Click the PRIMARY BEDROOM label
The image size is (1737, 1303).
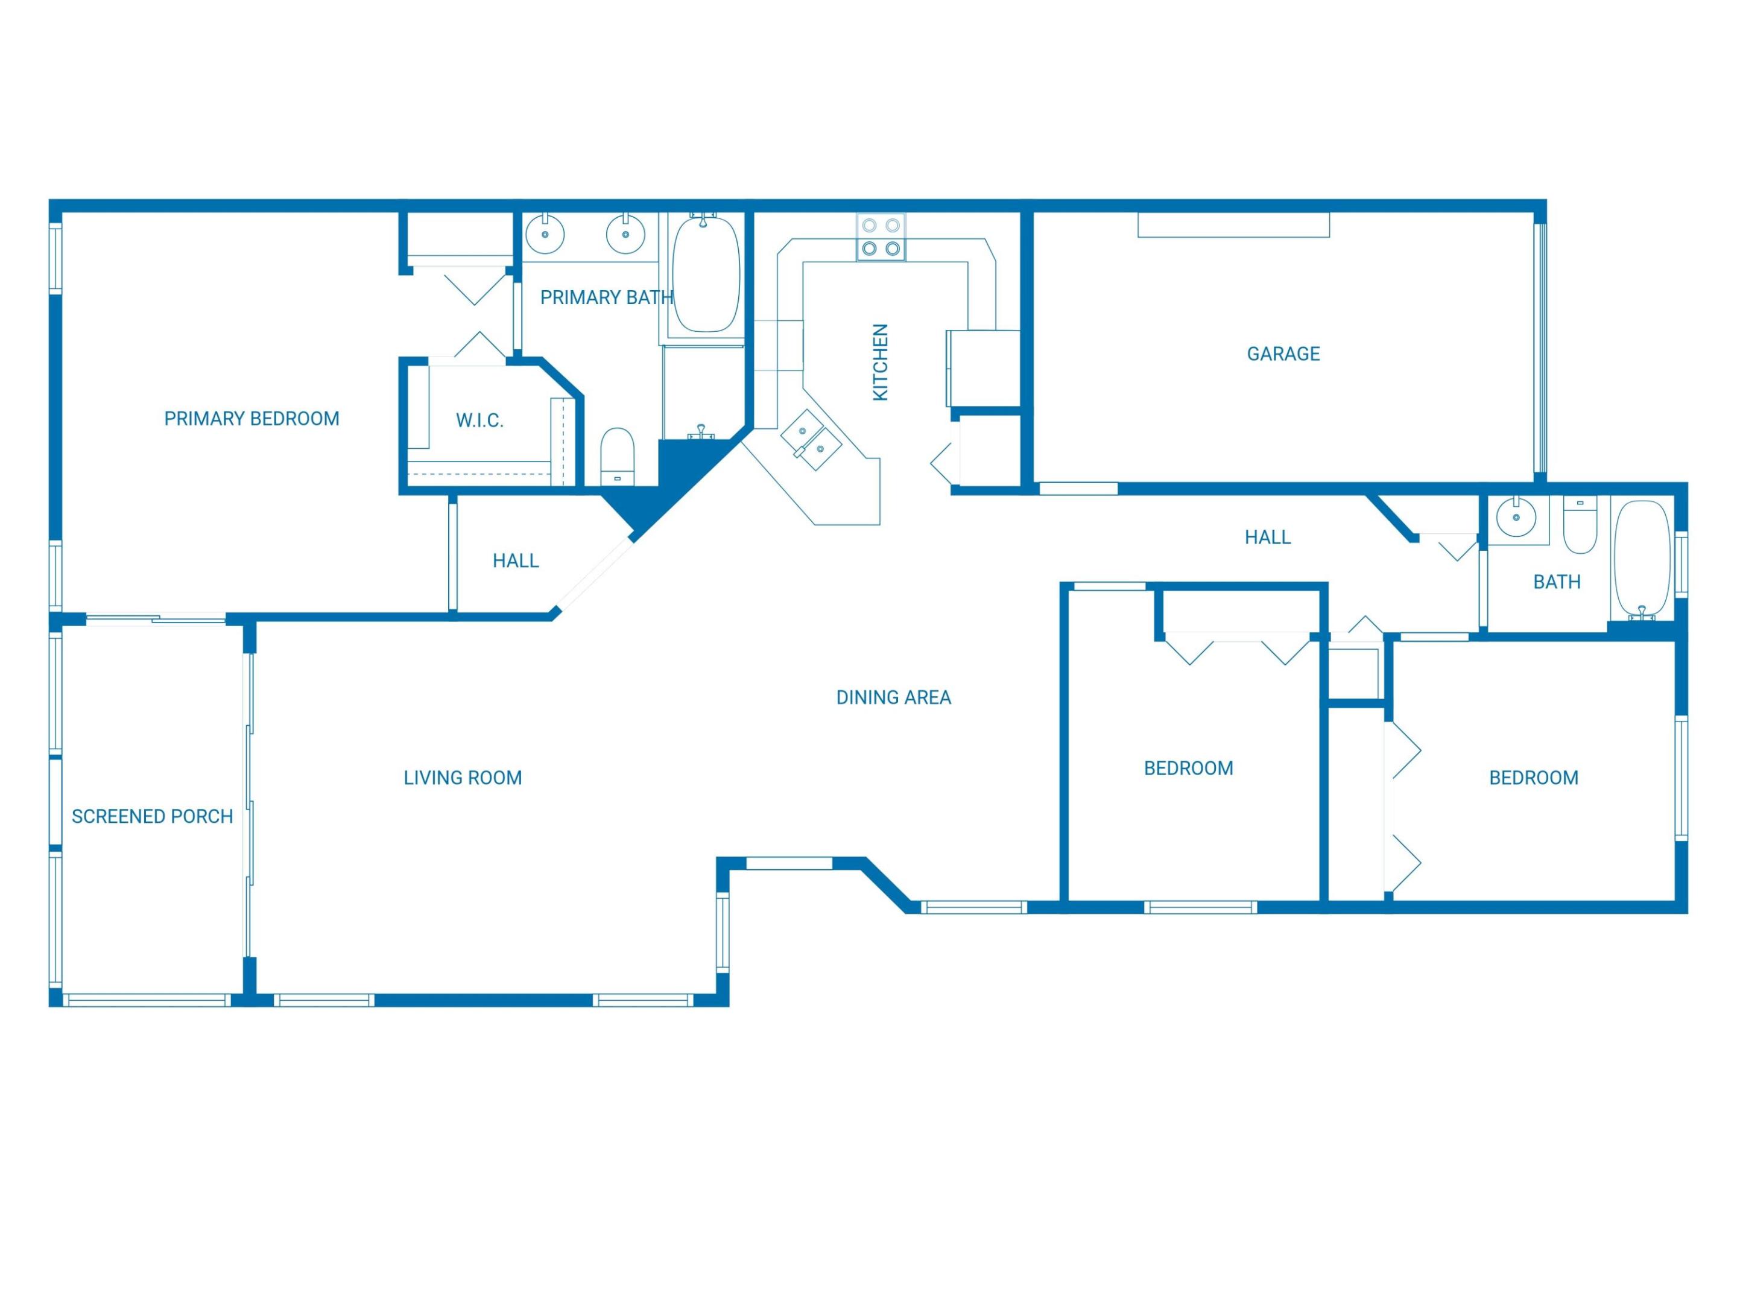252,419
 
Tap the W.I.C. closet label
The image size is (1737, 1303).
479,421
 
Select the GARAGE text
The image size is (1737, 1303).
1283,354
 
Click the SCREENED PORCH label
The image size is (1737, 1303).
153,817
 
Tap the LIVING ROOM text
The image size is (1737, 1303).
463,778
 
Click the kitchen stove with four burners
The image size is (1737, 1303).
881,237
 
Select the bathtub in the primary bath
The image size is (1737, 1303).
706,275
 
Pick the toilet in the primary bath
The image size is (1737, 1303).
617,455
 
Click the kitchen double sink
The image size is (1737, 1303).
811,440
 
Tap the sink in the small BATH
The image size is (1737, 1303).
1516,518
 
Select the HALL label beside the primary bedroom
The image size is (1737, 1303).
516,561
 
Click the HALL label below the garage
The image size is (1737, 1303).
1267,537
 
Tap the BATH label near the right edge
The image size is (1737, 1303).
1557,582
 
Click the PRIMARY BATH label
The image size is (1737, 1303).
606,297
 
